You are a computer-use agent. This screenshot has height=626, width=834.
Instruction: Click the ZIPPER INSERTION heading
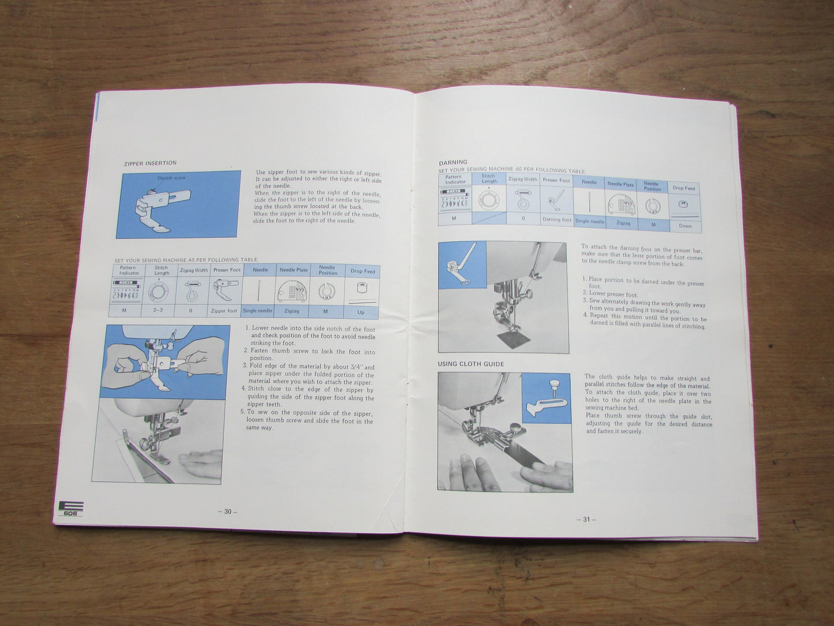click(150, 163)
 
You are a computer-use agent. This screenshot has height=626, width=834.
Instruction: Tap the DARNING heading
click(453, 162)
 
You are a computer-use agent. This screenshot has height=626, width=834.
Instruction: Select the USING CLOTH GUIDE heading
click(470, 364)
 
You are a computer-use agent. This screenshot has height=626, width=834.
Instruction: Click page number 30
click(227, 512)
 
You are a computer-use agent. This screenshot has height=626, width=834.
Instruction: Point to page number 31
click(586, 519)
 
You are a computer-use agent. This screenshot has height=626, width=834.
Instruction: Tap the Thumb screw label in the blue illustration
click(171, 178)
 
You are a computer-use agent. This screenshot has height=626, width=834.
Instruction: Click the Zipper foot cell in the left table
click(224, 311)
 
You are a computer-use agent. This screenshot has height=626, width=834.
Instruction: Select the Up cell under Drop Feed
click(361, 312)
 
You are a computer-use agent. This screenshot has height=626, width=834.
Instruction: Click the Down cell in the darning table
click(685, 226)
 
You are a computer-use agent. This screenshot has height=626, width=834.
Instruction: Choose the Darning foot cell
click(556, 219)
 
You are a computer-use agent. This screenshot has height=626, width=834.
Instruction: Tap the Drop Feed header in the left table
click(362, 271)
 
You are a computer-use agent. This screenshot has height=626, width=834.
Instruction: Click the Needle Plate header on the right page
click(620, 184)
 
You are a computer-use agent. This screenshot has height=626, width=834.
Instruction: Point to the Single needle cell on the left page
click(257, 311)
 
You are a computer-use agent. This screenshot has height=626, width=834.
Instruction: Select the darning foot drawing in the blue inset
click(459, 267)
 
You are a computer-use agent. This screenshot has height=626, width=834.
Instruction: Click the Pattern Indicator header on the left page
click(129, 270)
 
